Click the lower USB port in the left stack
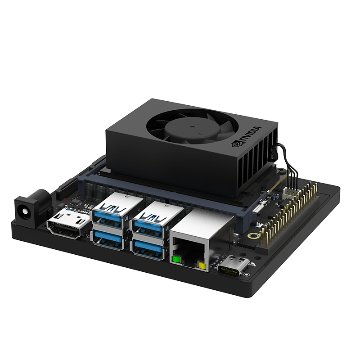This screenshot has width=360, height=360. pos(108,239)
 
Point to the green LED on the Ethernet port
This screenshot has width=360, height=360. pos(176,260)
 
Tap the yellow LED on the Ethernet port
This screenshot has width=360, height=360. pos(202,265)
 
